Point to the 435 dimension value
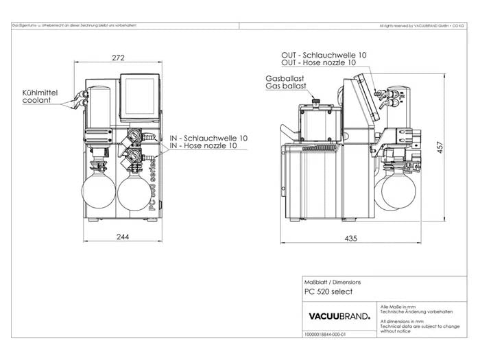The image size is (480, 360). click(x=352, y=237)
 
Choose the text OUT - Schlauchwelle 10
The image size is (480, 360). click(x=324, y=54)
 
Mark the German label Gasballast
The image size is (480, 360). click(x=285, y=80)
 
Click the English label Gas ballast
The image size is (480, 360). click(x=285, y=88)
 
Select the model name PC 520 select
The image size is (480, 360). click(x=328, y=291)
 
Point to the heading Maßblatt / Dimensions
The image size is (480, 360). click(x=332, y=282)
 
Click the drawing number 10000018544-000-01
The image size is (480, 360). click(x=326, y=335)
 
